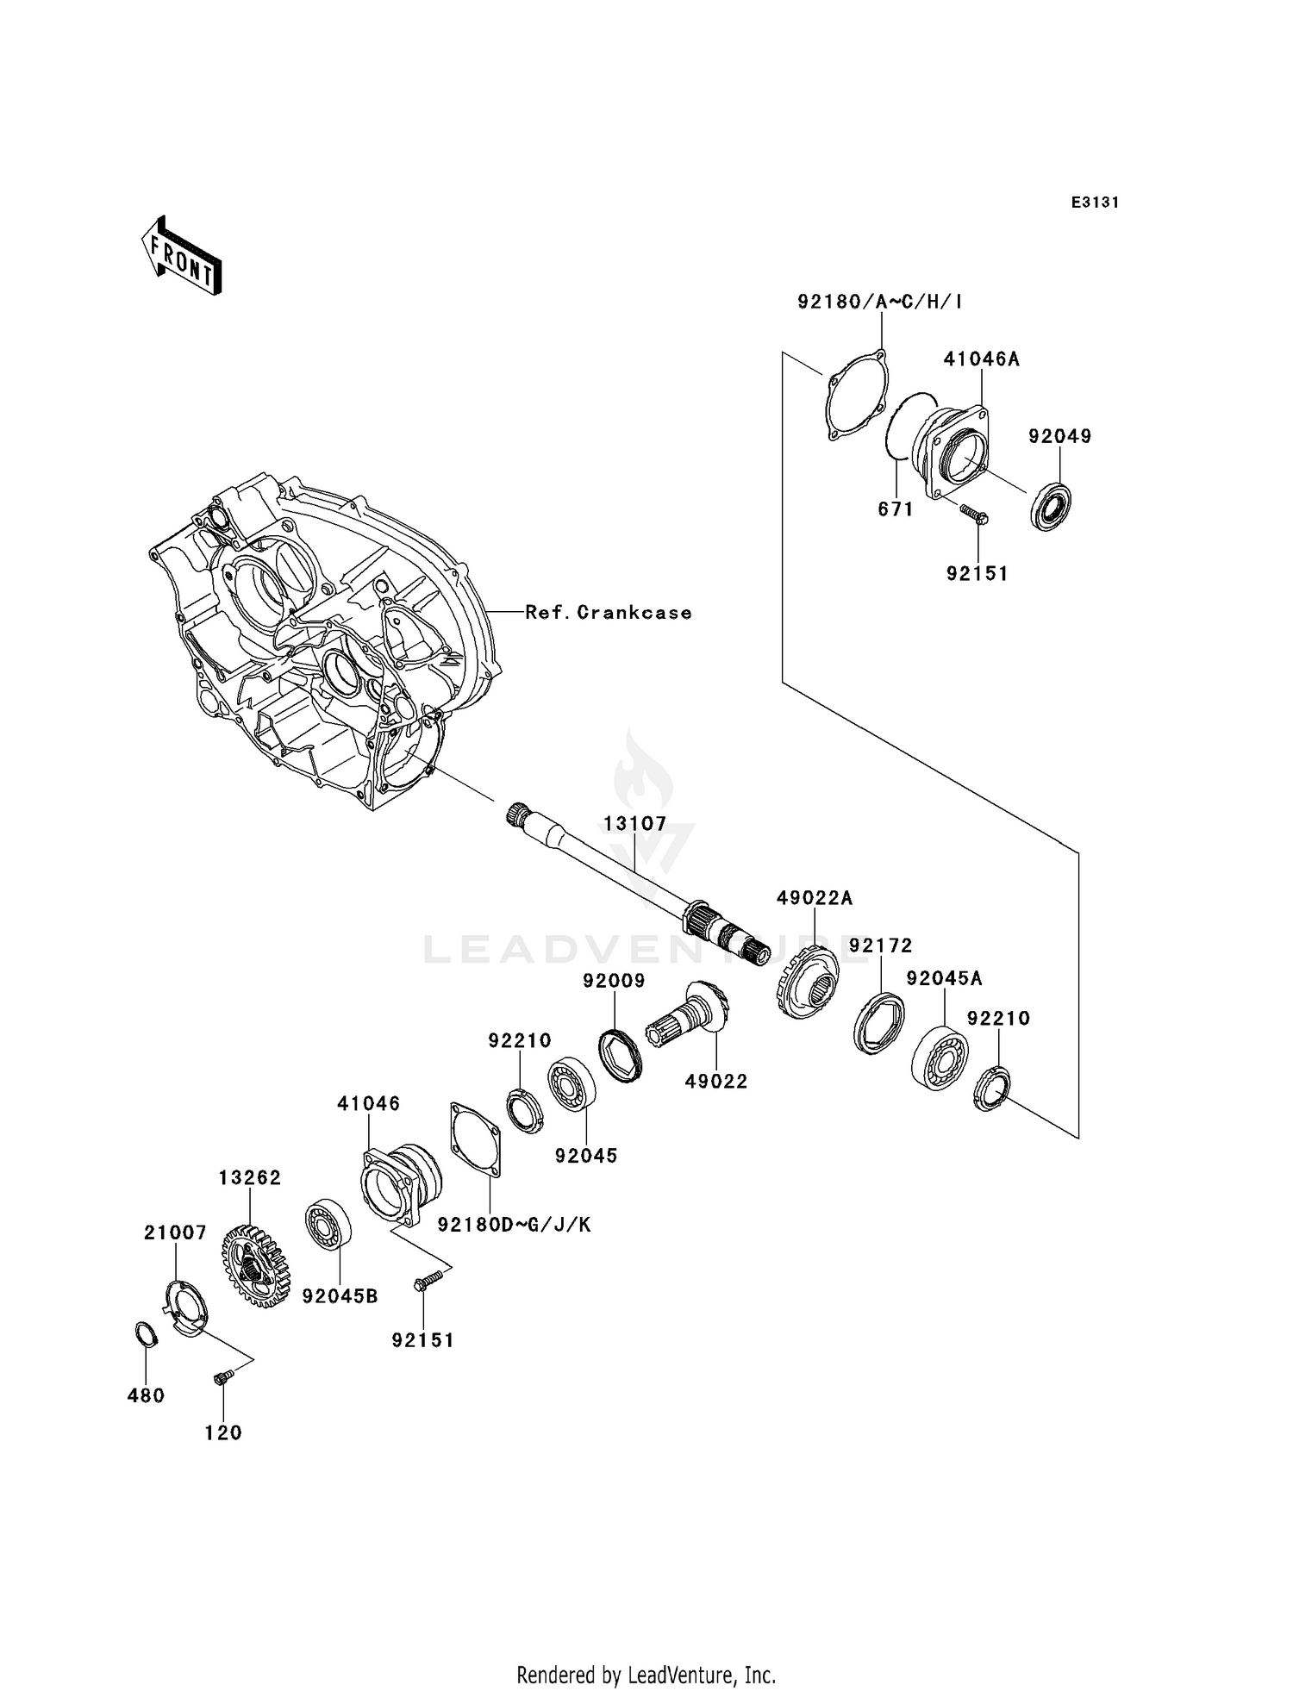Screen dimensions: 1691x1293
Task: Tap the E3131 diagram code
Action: click(x=1095, y=203)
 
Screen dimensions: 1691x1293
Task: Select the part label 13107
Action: click(x=635, y=823)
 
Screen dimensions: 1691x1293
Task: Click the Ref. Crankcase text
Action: click(x=609, y=613)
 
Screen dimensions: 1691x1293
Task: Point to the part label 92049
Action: click(x=1059, y=436)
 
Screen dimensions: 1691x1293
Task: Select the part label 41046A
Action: click(x=981, y=359)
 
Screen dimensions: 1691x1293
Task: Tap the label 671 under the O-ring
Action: click(x=895, y=509)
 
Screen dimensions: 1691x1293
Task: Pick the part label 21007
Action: click(x=175, y=1233)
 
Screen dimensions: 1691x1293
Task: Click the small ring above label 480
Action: click(x=147, y=1333)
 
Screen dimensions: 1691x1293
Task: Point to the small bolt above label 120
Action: click(x=222, y=1379)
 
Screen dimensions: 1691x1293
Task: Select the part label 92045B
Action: click(x=340, y=1296)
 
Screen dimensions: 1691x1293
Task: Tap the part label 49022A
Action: click(x=814, y=898)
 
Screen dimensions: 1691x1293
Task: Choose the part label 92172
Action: click(x=880, y=945)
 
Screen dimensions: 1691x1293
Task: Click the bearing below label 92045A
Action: click(x=940, y=1058)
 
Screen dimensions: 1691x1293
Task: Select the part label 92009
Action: click(x=614, y=981)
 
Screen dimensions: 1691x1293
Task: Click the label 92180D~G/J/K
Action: click(x=514, y=1225)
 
